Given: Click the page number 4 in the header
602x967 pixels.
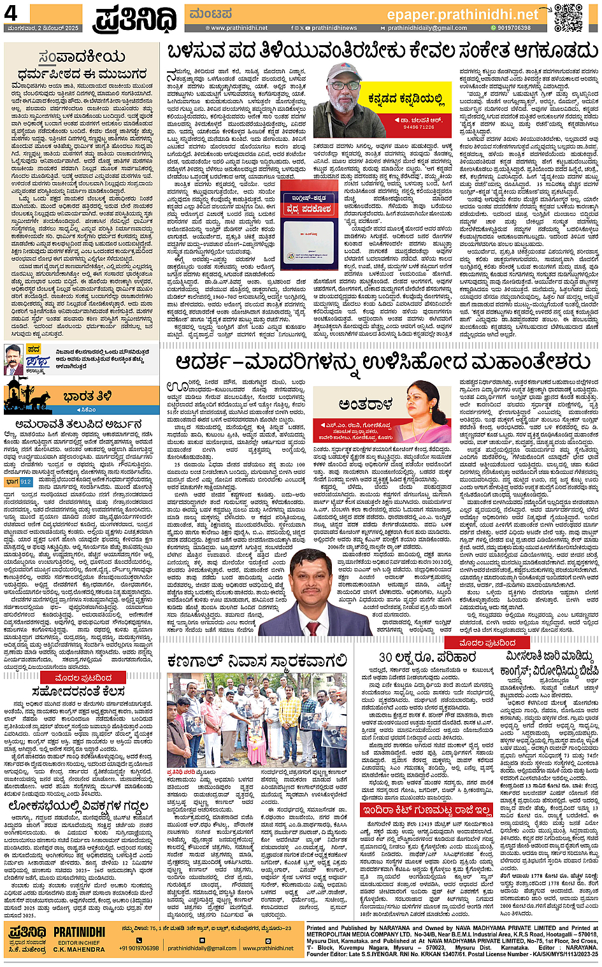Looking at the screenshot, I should [11, 14].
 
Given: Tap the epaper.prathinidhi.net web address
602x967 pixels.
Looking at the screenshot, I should [462, 15].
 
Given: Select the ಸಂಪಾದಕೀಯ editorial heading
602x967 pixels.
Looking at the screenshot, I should [81, 58].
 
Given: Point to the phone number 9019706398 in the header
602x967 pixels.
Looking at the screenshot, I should [514, 28].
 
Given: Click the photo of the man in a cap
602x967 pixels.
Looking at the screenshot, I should [349, 100].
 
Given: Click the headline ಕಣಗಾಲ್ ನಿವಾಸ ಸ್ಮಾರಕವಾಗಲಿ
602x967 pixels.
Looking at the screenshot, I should [257, 661].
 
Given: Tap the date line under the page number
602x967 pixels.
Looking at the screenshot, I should [43, 28].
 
